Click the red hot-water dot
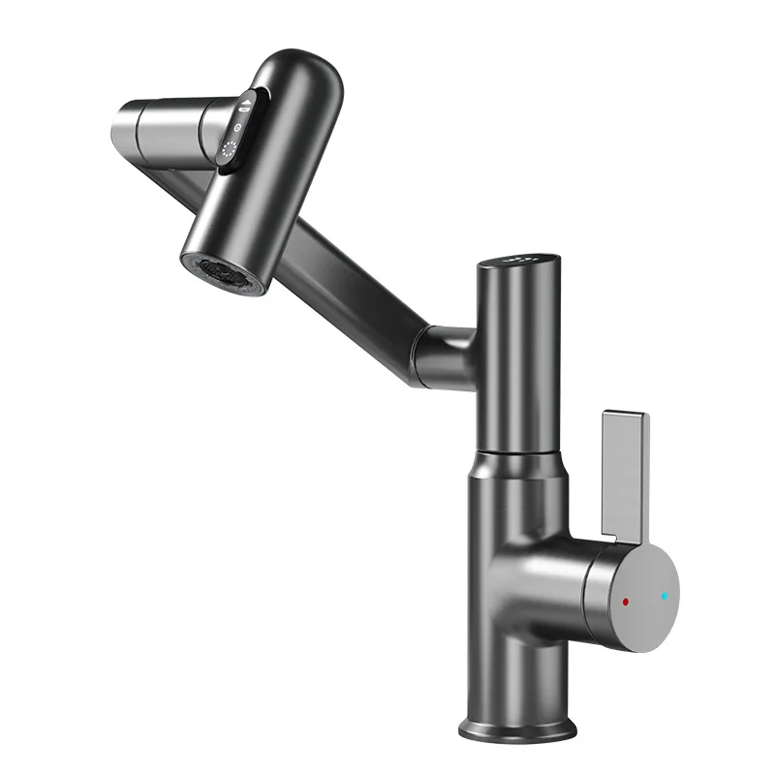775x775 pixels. [x=626, y=602]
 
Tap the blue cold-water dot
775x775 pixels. [x=665, y=595]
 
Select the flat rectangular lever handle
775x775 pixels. [x=625, y=465]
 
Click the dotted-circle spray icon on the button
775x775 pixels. [x=231, y=151]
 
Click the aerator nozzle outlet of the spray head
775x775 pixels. [x=222, y=272]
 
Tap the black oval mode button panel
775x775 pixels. [x=237, y=131]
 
